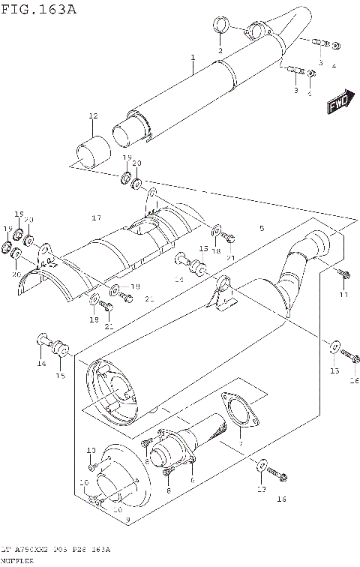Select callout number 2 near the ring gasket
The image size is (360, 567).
coord(220,50)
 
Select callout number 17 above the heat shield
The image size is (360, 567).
coord(96,217)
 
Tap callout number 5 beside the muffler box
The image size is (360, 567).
coord(262,228)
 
